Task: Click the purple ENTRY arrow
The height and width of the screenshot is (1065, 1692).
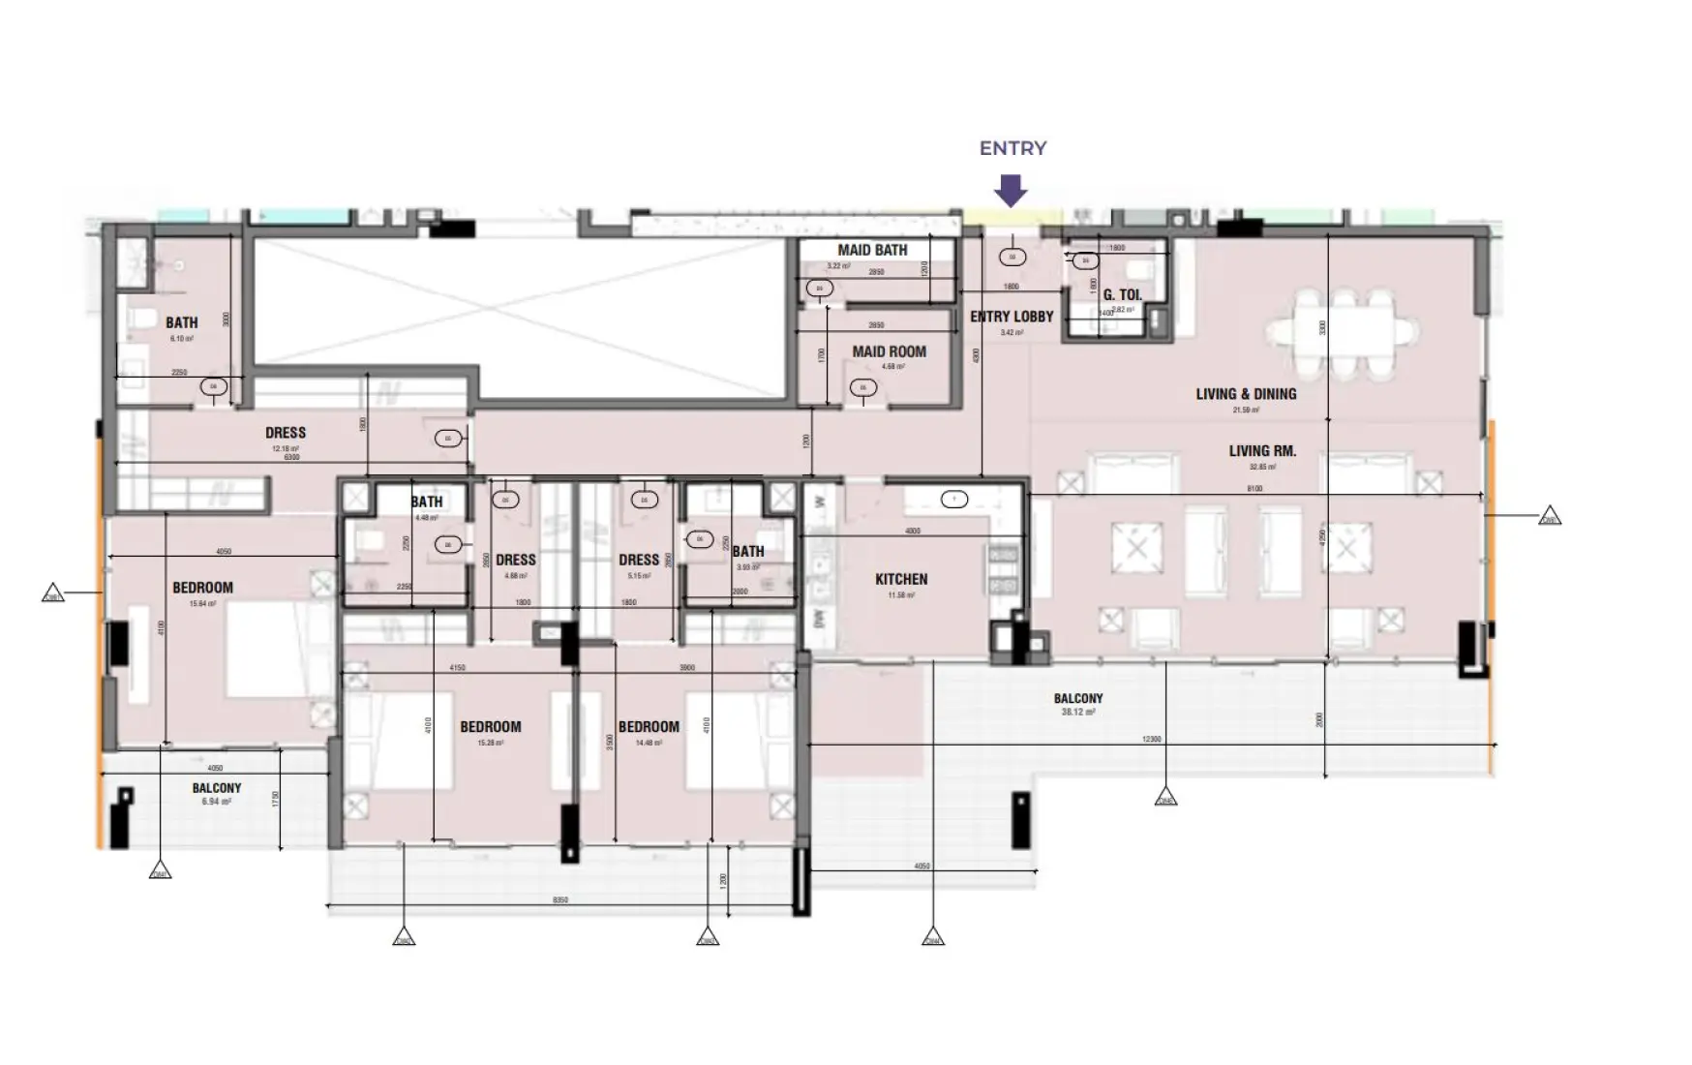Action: tap(1012, 190)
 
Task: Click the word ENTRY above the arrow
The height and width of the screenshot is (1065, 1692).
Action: tap(1012, 148)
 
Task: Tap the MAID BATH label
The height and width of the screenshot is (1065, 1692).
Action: tap(872, 250)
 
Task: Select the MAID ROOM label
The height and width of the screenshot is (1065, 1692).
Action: tap(889, 351)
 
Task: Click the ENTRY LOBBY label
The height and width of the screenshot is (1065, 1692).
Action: tap(1012, 317)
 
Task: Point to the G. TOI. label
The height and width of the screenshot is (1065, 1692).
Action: tap(1122, 295)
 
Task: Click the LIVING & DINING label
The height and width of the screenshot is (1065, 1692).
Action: tap(1245, 394)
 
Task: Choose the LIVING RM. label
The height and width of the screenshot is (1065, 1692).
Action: tap(1262, 451)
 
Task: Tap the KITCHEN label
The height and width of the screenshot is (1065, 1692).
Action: tap(901, 579)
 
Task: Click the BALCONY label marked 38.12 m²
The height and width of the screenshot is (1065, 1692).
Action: tap(1077, 698)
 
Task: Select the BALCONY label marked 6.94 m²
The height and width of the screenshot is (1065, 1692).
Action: tap(216, 788)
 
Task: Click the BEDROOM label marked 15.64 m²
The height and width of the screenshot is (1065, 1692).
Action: tap(202, 588)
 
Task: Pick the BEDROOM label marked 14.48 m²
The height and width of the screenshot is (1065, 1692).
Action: tap(649, 727)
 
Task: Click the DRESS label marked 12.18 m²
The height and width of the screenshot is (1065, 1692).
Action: tap(286, 433)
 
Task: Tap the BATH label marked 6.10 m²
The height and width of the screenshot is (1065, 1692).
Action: tap(181, 322)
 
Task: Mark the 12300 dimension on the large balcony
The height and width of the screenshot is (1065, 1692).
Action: tap(1151, 739)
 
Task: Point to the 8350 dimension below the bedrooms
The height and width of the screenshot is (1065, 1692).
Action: tap(559, 900)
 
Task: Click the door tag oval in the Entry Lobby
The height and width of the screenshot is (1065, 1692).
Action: tap(1012, 258)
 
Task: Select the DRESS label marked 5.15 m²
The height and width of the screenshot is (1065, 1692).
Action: tap(639, 560)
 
